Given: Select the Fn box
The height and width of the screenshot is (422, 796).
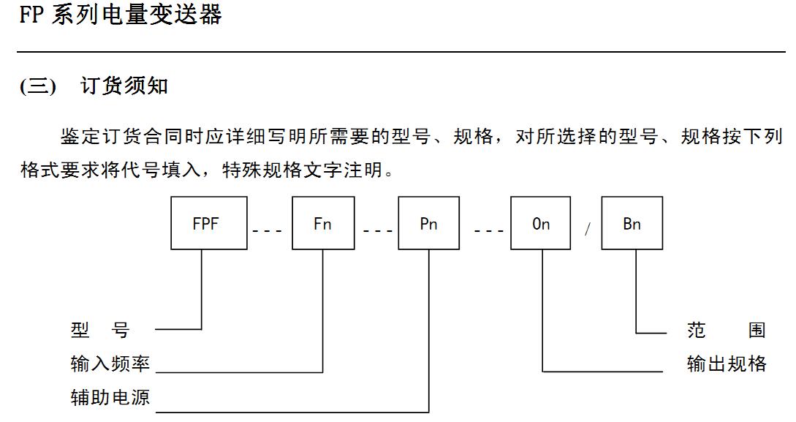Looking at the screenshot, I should [322, 224].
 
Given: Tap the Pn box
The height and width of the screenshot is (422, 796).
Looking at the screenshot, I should [428, 224].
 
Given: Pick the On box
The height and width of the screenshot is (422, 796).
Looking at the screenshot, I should [540, 224].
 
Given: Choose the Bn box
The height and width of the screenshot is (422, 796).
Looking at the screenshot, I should [632, 224].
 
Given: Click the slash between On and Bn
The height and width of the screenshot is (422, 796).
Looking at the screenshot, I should [586, 229].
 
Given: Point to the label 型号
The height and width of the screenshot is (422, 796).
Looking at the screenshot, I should [99, 331].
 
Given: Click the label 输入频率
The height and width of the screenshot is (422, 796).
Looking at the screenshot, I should [110, 363].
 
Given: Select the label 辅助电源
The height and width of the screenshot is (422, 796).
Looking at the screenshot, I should [110, 397].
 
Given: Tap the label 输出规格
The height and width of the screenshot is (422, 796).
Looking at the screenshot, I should [727, 363].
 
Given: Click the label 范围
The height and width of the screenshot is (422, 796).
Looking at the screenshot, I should [727, 331].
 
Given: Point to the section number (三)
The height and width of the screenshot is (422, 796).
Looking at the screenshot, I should [38, 86].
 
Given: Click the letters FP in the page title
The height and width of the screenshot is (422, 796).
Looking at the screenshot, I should [32, 15].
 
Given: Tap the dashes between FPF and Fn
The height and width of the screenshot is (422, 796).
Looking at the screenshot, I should [267, 230].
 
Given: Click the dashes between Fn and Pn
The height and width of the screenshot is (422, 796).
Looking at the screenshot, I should [377, 230].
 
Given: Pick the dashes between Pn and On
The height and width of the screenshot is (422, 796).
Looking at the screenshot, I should [488, 230].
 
